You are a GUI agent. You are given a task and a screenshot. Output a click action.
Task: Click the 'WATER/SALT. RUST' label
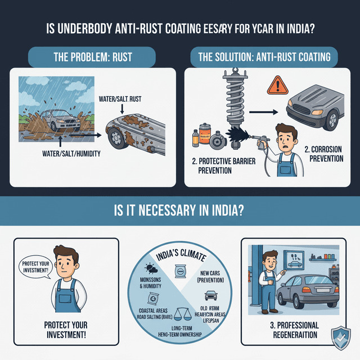pos(120,99)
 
